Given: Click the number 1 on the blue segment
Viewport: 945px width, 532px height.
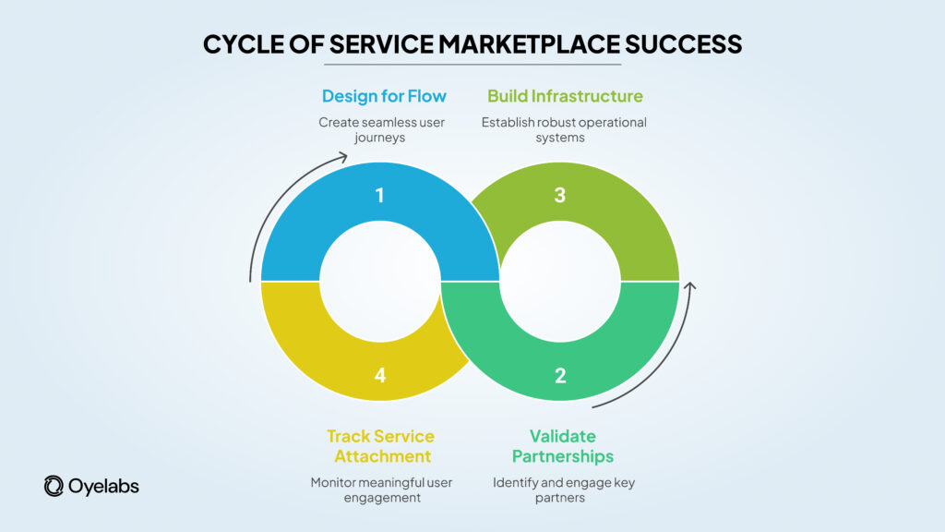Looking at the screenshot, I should click(x=380, y=196).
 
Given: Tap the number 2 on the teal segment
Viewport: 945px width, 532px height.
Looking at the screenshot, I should click(x=560, y=375).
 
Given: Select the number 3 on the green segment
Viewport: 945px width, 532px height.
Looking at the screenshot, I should click(x=560, y=196).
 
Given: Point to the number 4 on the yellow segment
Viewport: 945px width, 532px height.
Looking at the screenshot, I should click(x=380, y=375).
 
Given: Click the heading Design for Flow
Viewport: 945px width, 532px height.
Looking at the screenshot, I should click(x=384, y=96).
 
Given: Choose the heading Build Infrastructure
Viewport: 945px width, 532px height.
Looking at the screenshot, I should click(x=565, y=96).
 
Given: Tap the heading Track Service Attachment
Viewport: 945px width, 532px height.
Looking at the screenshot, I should click(x=380, y=446).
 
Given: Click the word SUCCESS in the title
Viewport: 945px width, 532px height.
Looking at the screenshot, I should click(x=693, y=43).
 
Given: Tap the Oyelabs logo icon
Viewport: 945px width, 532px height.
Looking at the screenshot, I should click(x=54, y=486).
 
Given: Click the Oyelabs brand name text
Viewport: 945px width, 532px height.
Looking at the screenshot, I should click(x=104, y=486).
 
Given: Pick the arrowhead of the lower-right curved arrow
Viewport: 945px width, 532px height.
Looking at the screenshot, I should click(x=689, y=287).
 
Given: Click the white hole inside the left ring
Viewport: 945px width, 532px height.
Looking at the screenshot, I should click(x=380, y=281).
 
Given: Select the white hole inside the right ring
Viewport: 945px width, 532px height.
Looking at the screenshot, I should click(x=560, y=281).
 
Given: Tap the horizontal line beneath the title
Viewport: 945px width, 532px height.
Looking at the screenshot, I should click(x=472, y=64).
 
